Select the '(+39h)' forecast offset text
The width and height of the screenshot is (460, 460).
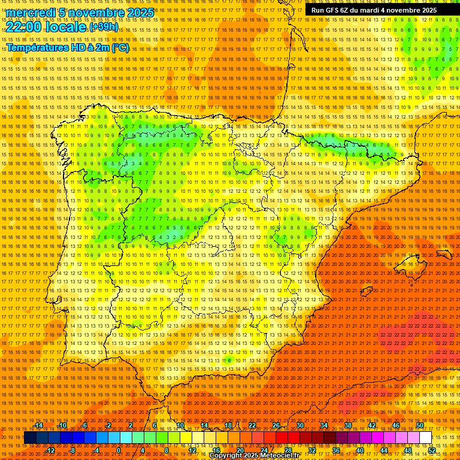point(104,28)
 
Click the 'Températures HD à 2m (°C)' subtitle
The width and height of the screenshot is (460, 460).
point(67,47)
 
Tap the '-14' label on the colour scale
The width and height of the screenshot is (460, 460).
point(38,425)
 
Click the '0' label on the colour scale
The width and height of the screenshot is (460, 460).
point(119,450)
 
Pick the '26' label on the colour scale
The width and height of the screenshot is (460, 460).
point(276,425)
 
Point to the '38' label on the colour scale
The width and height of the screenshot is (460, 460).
point(347,425)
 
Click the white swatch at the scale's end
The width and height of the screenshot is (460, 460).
point(425,438)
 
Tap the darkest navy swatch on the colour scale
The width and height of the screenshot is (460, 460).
point(30,438)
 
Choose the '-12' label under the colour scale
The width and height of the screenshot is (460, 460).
point(51,450)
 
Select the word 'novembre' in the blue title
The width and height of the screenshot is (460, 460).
point(96,13)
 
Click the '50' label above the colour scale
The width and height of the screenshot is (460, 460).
point(419,425)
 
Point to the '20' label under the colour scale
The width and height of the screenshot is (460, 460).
point(240,450)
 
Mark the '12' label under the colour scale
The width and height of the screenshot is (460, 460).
point(192,450)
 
